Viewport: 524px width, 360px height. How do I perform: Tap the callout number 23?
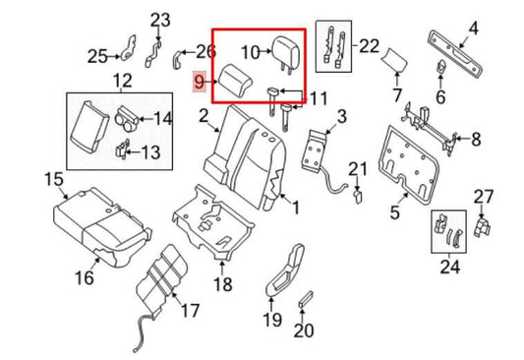160,19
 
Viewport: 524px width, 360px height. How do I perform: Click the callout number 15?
26,178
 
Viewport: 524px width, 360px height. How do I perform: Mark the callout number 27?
483,196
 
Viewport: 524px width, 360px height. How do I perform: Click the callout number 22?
369,45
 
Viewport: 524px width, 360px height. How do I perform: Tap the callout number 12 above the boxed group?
122,79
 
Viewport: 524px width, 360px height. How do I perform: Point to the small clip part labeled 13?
121,150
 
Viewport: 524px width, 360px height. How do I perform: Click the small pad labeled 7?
395,60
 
